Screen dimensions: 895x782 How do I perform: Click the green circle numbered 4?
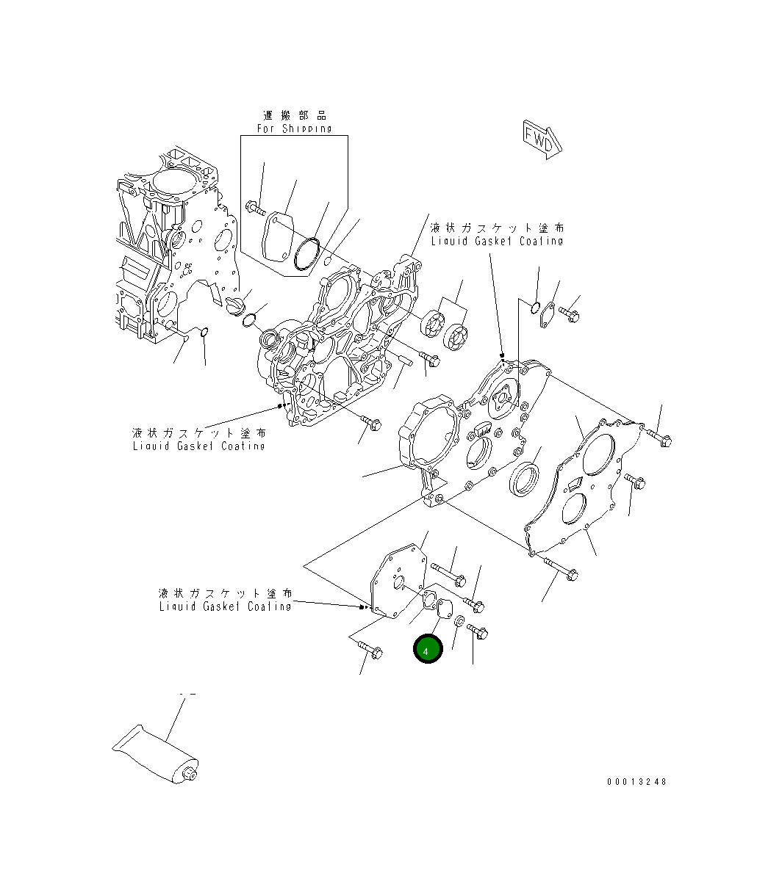click(427, 649)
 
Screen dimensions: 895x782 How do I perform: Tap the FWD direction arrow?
click(542, 139)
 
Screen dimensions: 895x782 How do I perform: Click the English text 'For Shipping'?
click(294, 128)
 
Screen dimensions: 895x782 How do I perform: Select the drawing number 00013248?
click(636, 782)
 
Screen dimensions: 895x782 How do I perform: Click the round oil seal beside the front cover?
click(523, 478)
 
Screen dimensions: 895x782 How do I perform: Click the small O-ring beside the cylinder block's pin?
click(205, 335)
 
